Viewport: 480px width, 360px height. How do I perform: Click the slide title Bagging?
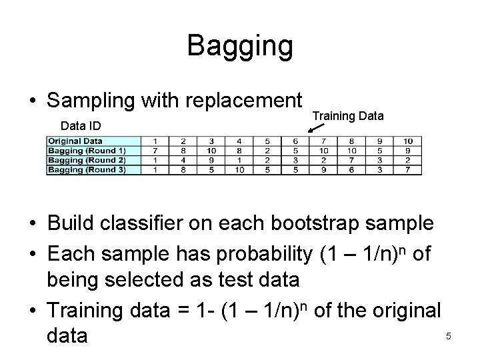pos(240,46)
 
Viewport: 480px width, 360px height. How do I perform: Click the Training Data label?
pos(348,116)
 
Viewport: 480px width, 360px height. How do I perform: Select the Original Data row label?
pos(74,141)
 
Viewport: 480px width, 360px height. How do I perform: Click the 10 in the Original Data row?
pos(408,141)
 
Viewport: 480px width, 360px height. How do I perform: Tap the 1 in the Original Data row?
pos(155,141)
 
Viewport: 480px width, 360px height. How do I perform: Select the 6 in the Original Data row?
pos(295,141)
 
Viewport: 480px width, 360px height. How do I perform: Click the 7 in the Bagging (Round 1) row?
pos(155,151)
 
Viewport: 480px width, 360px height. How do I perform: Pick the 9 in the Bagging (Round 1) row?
pos(408,151)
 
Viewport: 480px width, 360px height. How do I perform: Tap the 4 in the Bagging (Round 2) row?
pos(183,160)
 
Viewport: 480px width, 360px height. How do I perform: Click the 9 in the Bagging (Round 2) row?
pos(211,160)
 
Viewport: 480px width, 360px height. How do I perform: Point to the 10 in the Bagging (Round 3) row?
pos(239,169)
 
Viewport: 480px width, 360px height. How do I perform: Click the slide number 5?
pos(449,336)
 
